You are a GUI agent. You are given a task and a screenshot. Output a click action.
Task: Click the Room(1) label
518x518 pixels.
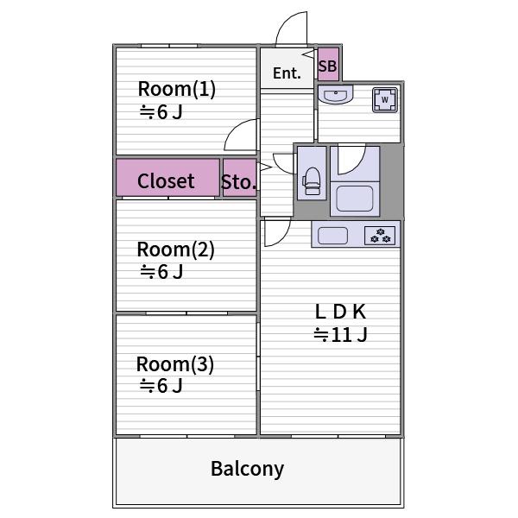point(177,89)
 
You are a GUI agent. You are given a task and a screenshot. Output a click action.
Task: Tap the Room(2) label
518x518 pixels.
point(176,250)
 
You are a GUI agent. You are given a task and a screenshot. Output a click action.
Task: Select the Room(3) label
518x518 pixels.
point(175,364)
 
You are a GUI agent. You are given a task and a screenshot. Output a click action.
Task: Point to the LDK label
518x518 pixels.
point(341,312)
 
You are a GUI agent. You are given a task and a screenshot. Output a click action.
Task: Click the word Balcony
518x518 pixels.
point(248,469)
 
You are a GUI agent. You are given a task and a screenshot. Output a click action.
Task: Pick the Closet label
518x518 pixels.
point(166,181)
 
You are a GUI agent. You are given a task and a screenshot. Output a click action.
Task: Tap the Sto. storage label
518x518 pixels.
point(238,182)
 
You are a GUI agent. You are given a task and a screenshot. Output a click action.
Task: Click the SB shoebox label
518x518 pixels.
point(328,66)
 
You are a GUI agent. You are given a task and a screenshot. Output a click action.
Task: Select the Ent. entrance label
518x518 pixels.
point(287,73)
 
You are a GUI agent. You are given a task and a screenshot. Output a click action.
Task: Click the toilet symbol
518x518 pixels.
point(312,181)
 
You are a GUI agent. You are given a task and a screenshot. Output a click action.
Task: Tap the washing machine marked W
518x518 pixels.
point(385,99)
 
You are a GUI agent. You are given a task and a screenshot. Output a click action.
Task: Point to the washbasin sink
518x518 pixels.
point(336,94)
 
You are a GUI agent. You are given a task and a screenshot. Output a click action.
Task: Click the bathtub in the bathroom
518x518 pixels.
point(355,199)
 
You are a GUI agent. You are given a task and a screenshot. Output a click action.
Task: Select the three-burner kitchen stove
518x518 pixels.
point(380,236)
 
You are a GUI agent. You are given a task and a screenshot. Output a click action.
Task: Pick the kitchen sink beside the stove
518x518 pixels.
point(332,236)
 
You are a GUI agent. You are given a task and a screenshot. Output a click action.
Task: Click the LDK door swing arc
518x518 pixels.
point(283,237)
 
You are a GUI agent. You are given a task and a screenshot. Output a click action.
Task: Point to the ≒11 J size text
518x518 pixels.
point(341,335)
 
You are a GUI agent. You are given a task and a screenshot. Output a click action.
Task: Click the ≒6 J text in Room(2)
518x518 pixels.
point(161,272)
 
